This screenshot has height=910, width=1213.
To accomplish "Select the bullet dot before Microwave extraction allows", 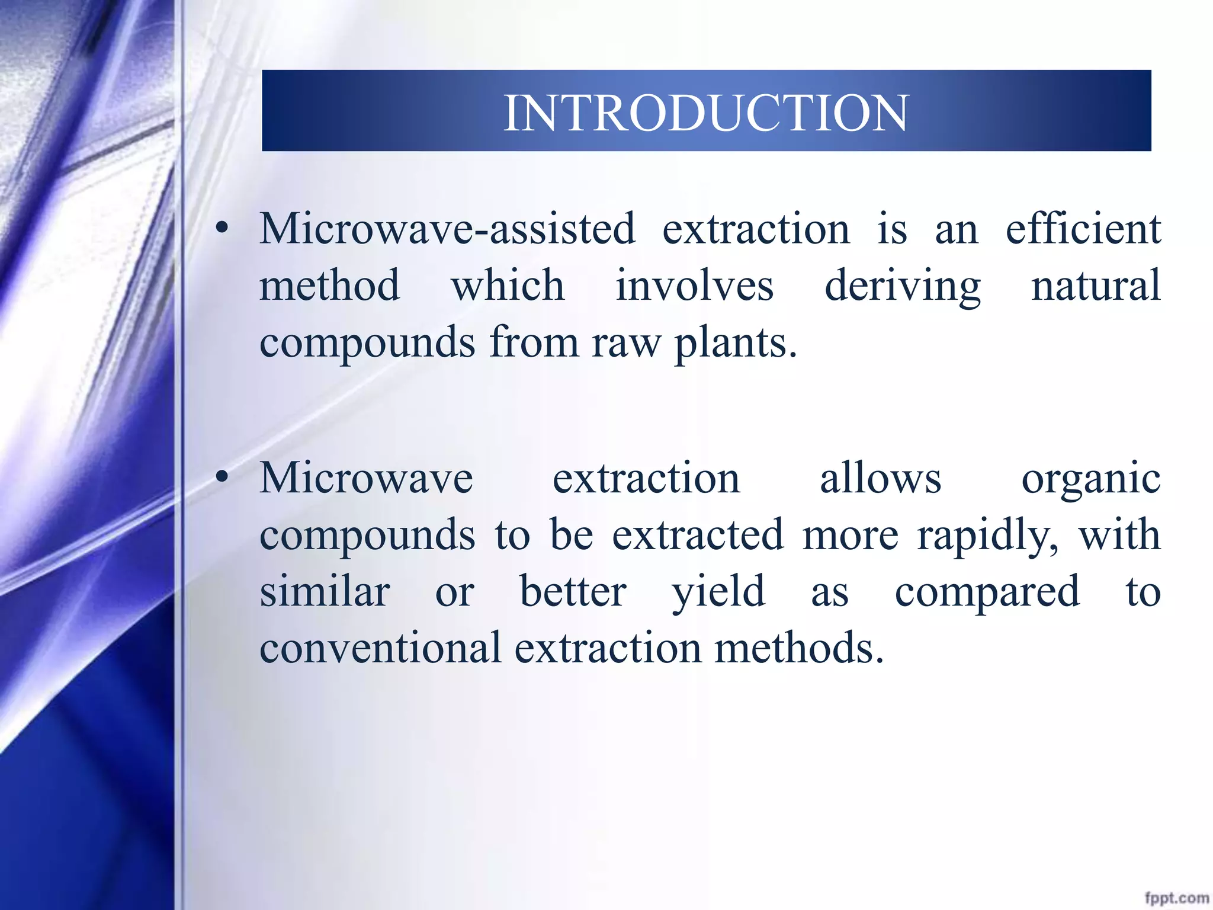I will point(222,478).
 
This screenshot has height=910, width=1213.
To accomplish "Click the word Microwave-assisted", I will point(447,229).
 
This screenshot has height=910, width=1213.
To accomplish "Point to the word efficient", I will point(1083,229).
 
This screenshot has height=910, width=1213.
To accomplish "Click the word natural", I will point(1096,286).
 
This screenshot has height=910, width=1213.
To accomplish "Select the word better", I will point(573,591).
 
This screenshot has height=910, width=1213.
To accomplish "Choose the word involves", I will point(694,286).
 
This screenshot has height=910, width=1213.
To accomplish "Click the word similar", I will point(325,591).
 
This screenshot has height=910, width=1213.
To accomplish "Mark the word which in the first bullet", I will point(508,286).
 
